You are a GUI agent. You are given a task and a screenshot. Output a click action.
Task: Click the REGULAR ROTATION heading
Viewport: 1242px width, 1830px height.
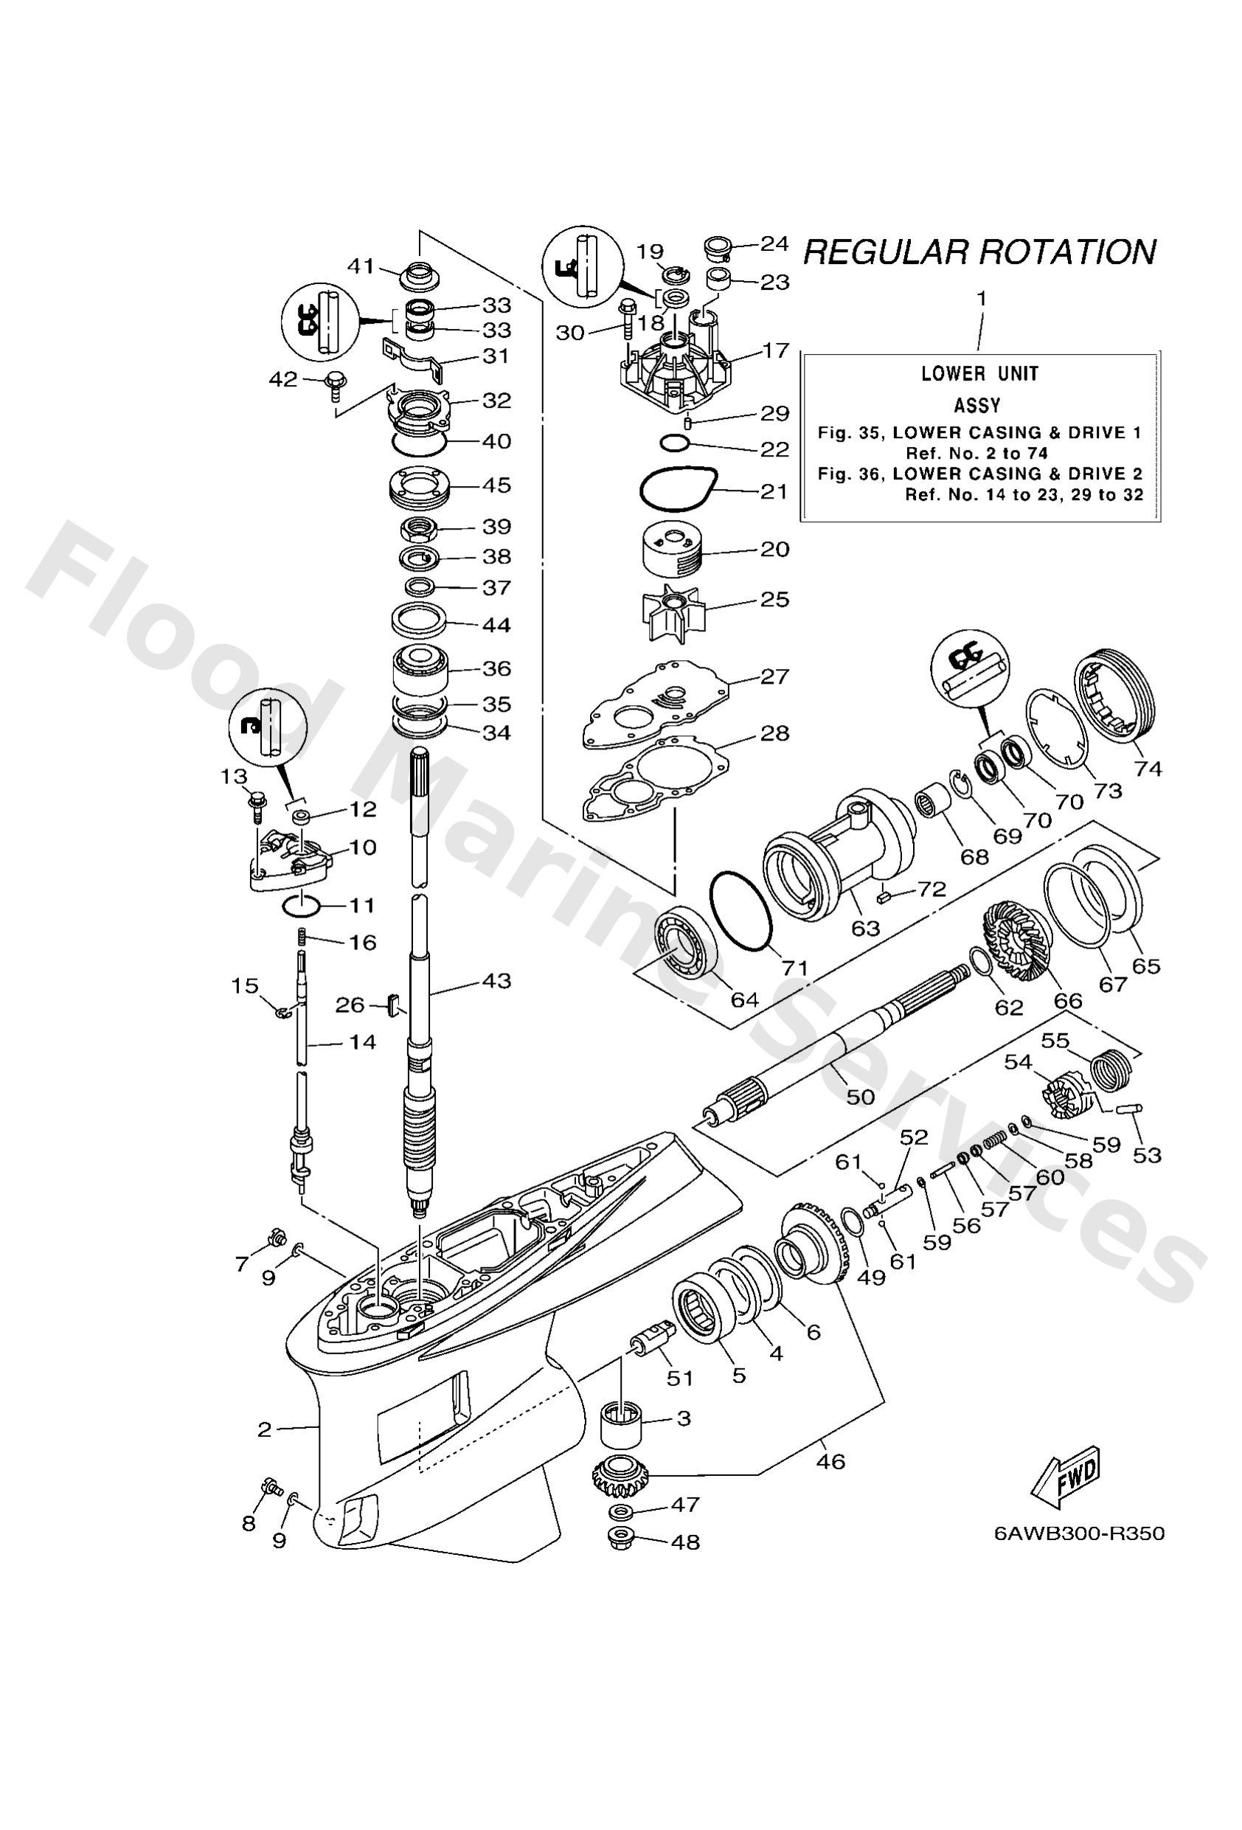coord(979,252)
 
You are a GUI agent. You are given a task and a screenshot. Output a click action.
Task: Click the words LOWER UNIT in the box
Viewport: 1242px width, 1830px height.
coord(979,373)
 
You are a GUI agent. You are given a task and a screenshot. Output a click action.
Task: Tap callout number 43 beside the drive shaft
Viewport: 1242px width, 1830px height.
coord(497,981)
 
